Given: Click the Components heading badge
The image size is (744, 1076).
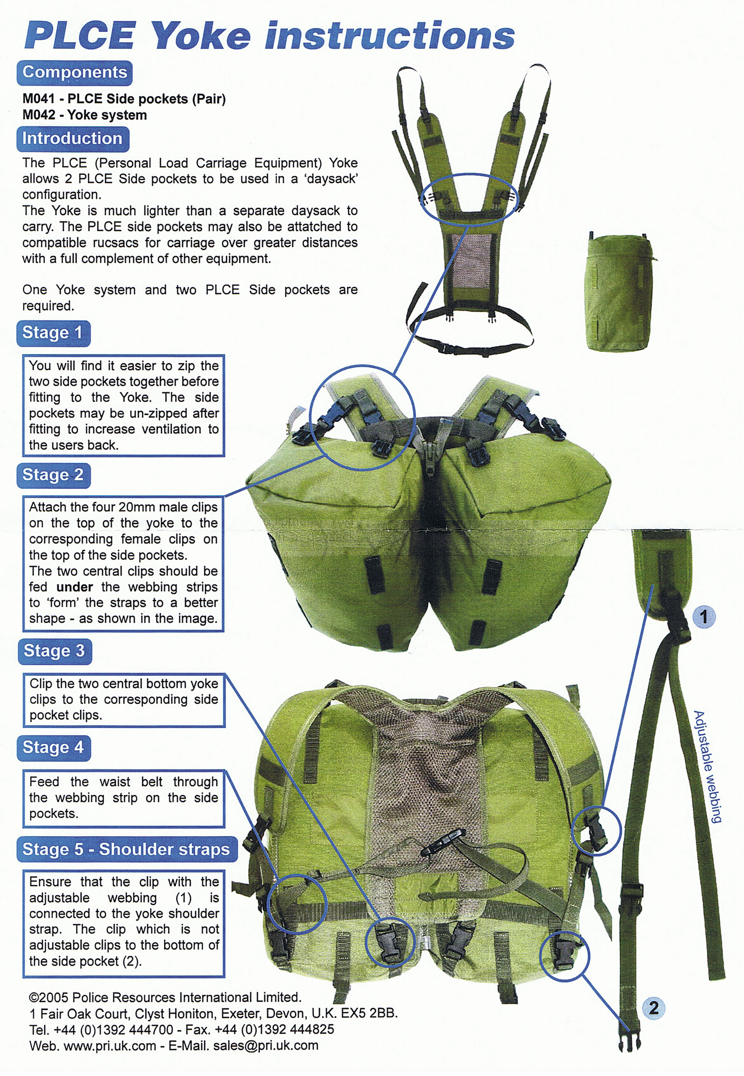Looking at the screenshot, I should (75, 73).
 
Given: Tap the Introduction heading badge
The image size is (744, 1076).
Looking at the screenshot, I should (72, 139).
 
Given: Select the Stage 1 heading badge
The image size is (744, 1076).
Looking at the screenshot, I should (53, 333).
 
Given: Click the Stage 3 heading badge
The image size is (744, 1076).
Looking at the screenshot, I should (54, 651).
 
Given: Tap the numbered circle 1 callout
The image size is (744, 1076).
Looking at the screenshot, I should (703, 617).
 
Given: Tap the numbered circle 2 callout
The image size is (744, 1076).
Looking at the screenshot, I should (654, 1008).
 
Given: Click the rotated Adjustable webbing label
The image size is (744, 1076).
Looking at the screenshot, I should (707, 767).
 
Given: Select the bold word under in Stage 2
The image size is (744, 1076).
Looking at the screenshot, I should (75, 587).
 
